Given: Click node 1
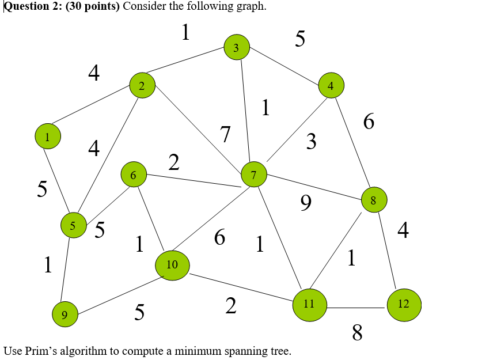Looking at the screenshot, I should pos(48,137).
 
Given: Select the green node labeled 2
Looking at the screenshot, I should pos(142,86).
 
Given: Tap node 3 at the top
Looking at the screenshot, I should pos(236,47).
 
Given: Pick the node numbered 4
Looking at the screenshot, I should pos(331,86).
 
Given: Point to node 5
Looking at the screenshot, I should pos(73,226).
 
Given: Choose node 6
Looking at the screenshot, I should pos(134,175).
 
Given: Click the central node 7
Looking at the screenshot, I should pos(254,175).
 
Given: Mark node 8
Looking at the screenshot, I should pos(373,200).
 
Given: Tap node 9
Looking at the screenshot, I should pos(65,314).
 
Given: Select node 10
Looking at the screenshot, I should pos(172,265).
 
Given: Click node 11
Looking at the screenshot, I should pos(309,304).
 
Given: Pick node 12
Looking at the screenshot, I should pos(404,304).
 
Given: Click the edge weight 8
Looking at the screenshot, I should pos(357,332).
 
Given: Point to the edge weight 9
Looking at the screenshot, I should pos(306,202).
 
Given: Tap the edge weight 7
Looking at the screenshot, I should pos(225,135).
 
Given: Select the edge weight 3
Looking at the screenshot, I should pos(311,141).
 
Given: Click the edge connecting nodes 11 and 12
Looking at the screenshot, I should pos(356,308).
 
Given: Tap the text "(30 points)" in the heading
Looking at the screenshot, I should pos(92,6).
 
